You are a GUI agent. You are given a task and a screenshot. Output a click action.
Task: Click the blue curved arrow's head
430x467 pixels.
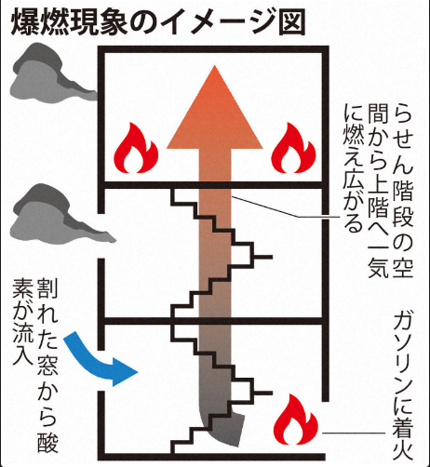123,371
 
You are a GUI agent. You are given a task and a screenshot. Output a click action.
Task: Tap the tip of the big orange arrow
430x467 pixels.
214,65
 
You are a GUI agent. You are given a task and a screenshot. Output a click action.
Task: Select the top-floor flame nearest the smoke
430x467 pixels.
136,148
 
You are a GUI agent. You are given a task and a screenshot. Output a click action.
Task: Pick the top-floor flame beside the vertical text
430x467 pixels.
293,148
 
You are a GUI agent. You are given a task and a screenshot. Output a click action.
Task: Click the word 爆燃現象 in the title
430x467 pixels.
70,22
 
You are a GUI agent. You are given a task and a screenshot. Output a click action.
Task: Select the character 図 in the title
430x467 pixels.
292,22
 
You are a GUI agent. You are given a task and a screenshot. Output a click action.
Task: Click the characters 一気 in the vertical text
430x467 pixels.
378,259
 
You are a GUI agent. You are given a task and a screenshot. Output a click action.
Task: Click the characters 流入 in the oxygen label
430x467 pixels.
22,349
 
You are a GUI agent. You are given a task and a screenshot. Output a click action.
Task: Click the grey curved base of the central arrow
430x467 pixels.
222,428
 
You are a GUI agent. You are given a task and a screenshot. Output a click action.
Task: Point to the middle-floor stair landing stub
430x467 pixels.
263,257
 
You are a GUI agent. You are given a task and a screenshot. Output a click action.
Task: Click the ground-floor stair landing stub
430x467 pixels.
263,393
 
